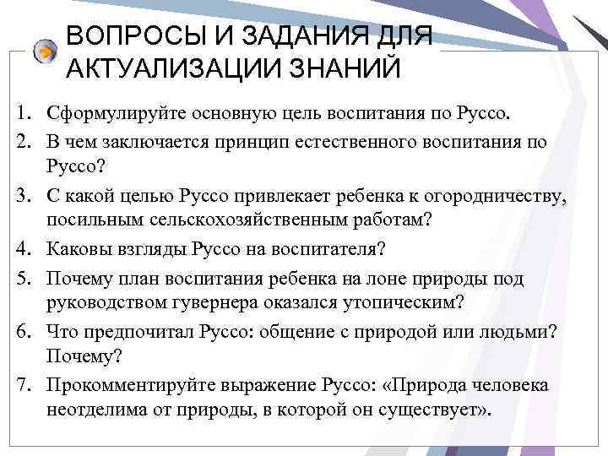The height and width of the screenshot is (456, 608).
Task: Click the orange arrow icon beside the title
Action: (45, 52)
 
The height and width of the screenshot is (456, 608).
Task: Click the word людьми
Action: (519, 332)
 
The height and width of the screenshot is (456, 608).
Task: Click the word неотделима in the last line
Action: (95, 409)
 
